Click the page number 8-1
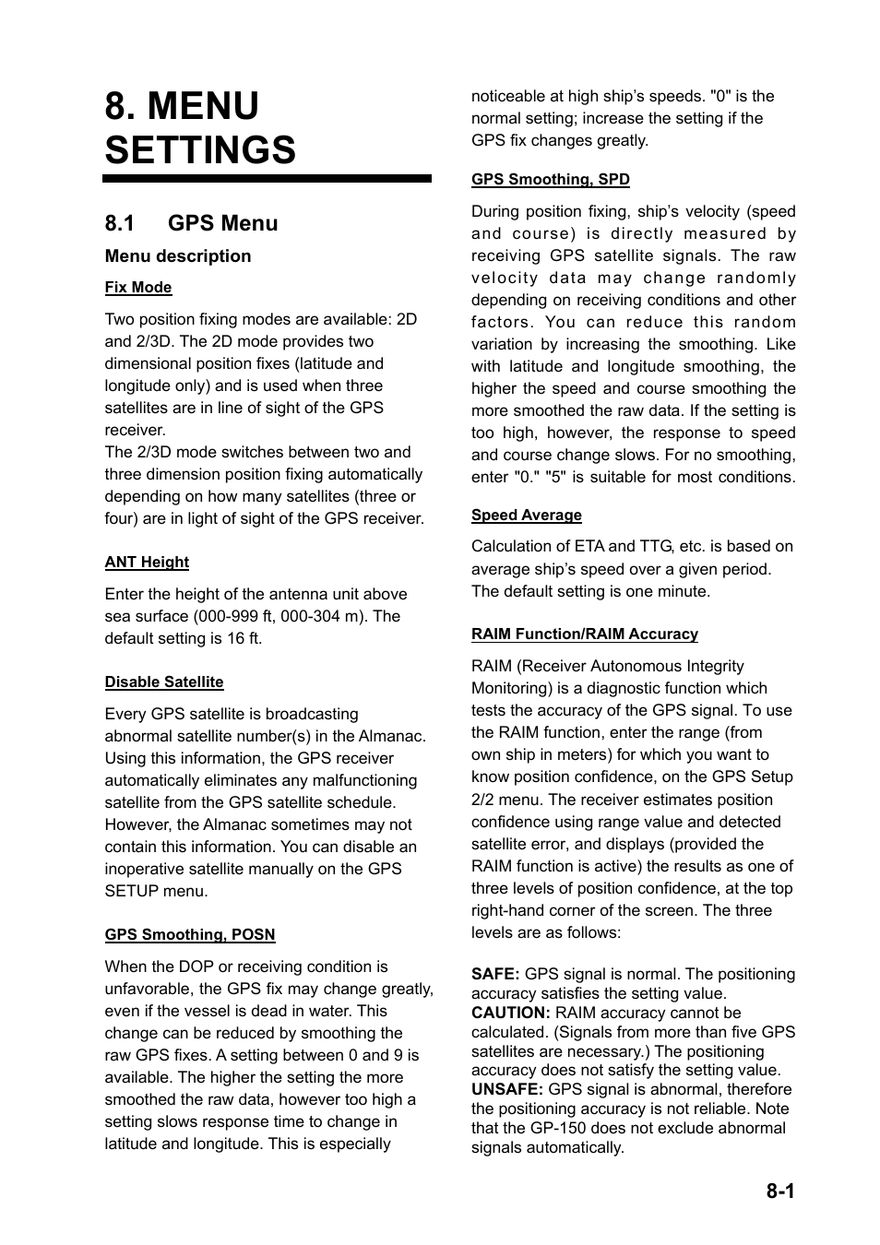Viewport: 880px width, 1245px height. click(x=779, y=1191)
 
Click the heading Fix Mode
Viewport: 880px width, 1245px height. click(x=138, y=288)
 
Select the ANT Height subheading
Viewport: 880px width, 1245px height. click(x=147, y=563)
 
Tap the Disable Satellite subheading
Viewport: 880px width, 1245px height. click(x=164, y=682)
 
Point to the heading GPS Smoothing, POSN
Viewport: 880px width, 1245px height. click(x=190, y=935)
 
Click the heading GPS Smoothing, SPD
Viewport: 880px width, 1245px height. click(x=551, y=180)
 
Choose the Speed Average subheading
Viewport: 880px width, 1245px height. click(x=527, y=516)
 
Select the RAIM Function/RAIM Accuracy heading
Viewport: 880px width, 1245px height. click(x=585, y=634)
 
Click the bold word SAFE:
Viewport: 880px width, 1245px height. click(x=495, y=975)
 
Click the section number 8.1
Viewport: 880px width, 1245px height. click(x=120, y=223)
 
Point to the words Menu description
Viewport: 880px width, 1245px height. click(x=178, y=256)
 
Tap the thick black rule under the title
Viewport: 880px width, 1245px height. click(x=268, y=179)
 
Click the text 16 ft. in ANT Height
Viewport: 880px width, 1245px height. click(x=244, y=639)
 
